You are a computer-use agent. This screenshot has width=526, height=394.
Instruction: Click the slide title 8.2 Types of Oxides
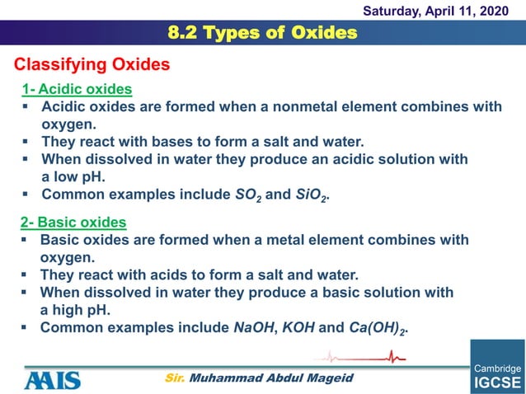(x=262, y=33)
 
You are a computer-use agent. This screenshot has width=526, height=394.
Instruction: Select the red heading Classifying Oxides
(x=92, y=64)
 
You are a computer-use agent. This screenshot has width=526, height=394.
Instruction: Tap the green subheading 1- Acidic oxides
(x=77, y=89)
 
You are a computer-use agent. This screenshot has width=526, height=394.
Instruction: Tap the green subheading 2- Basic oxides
(x=73, y=222)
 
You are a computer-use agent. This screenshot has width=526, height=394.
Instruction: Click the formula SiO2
(x=311, y=196)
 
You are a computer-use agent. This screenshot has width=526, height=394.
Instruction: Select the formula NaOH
(x=254, y=327)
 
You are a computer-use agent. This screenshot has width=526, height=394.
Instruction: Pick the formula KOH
(x=298, y=327)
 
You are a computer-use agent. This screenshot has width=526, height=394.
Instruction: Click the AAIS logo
(x=52, y=379)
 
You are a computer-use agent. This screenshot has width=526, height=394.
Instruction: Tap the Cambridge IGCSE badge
(x=497, y=367)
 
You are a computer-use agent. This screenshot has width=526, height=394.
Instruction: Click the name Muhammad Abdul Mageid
(x=271, y=378)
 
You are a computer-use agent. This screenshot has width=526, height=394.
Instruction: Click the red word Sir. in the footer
(x=174, y=378)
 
